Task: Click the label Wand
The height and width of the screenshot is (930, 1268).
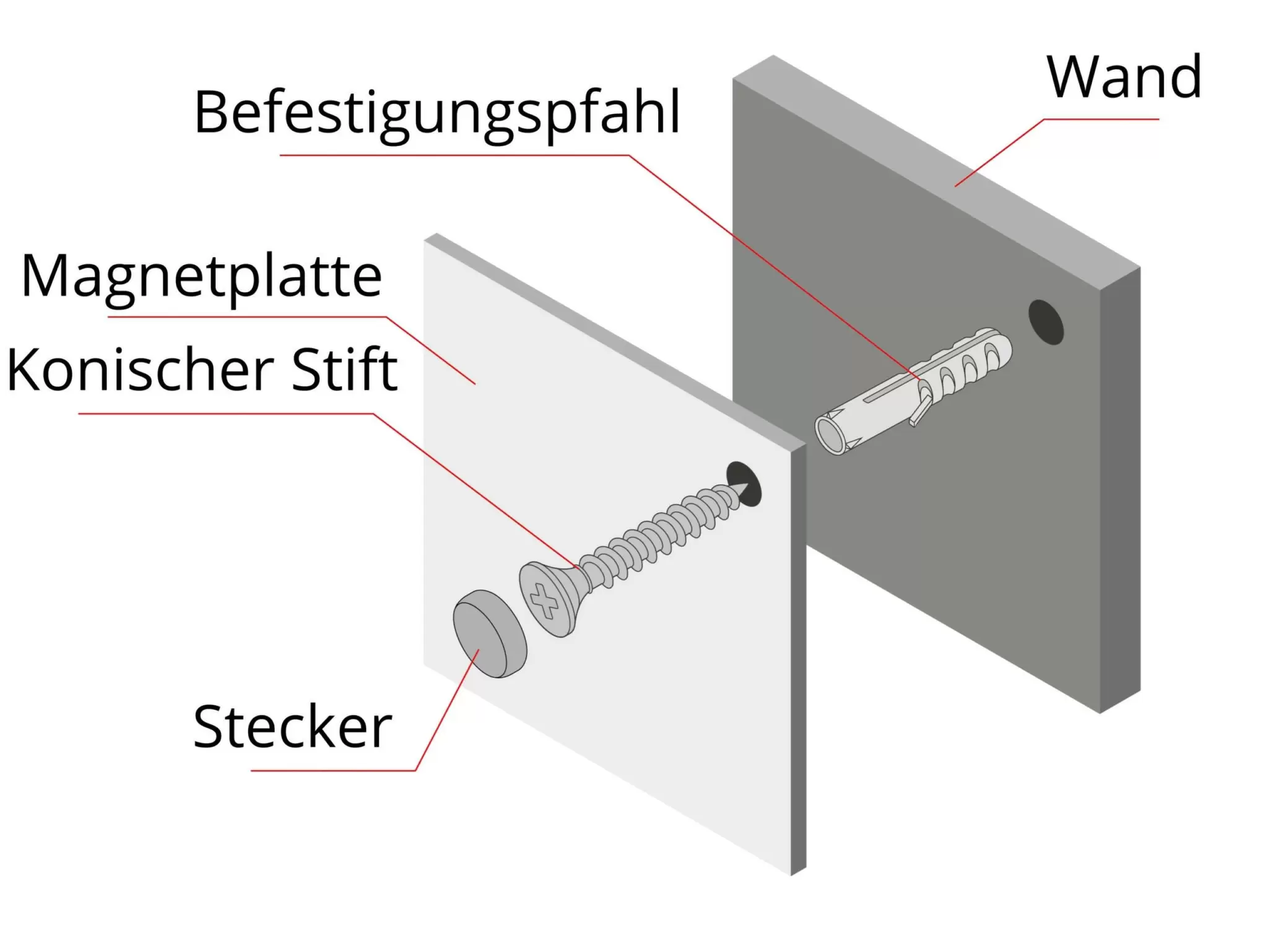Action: click(x=1124, y=77)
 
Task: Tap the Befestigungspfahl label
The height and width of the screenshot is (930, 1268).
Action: click(x=437, y=113)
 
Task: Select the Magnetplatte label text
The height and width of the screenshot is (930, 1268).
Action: click(x=201, y=277)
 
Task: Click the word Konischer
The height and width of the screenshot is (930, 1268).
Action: click(x=140, y=370)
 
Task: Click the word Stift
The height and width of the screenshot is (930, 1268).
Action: click(x=344, y=370)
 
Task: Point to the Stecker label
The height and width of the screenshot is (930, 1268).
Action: click(x=292, y=727)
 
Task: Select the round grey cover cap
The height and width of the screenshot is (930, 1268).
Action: click(x=489, y=633)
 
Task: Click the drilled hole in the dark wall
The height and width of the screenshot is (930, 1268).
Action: click(x=1046, y=322)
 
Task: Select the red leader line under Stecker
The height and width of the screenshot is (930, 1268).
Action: click(x=334, y=770)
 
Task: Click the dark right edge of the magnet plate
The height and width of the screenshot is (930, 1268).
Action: click(x=799, y=656)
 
